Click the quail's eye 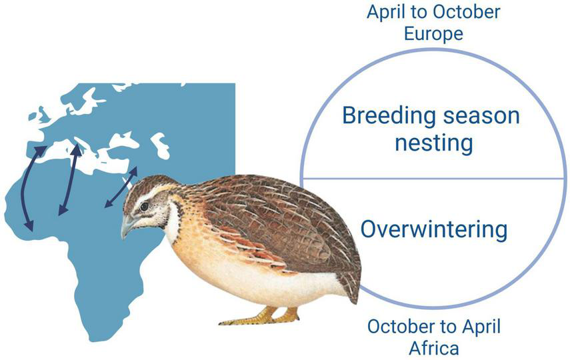click(144, 207)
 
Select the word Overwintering click(434, 229)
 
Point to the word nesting click(434, 143)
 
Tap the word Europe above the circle click(433, 34)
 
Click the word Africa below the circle click(433, 348)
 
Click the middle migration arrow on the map click(69, 179)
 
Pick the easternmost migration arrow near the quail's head click(121, 187)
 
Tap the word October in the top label click(467, 11)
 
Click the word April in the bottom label click(482, 326)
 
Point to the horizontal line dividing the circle click(432, 179)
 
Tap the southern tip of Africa click(95, 337)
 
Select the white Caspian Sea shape click(160, 145)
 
